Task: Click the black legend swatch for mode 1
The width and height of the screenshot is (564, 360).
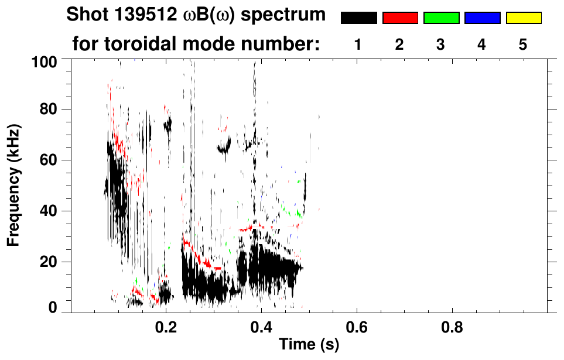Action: (x=359, y=18)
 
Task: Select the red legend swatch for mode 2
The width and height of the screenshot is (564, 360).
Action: (x=400, y=18)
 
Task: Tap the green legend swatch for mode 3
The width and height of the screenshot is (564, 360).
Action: (x=441, y=18)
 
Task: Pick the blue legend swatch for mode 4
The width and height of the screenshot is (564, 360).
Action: (x=482, y=18)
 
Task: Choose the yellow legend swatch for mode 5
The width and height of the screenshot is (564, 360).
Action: (x=524, y=18)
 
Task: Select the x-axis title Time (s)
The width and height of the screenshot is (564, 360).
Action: (x=308, y=345)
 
